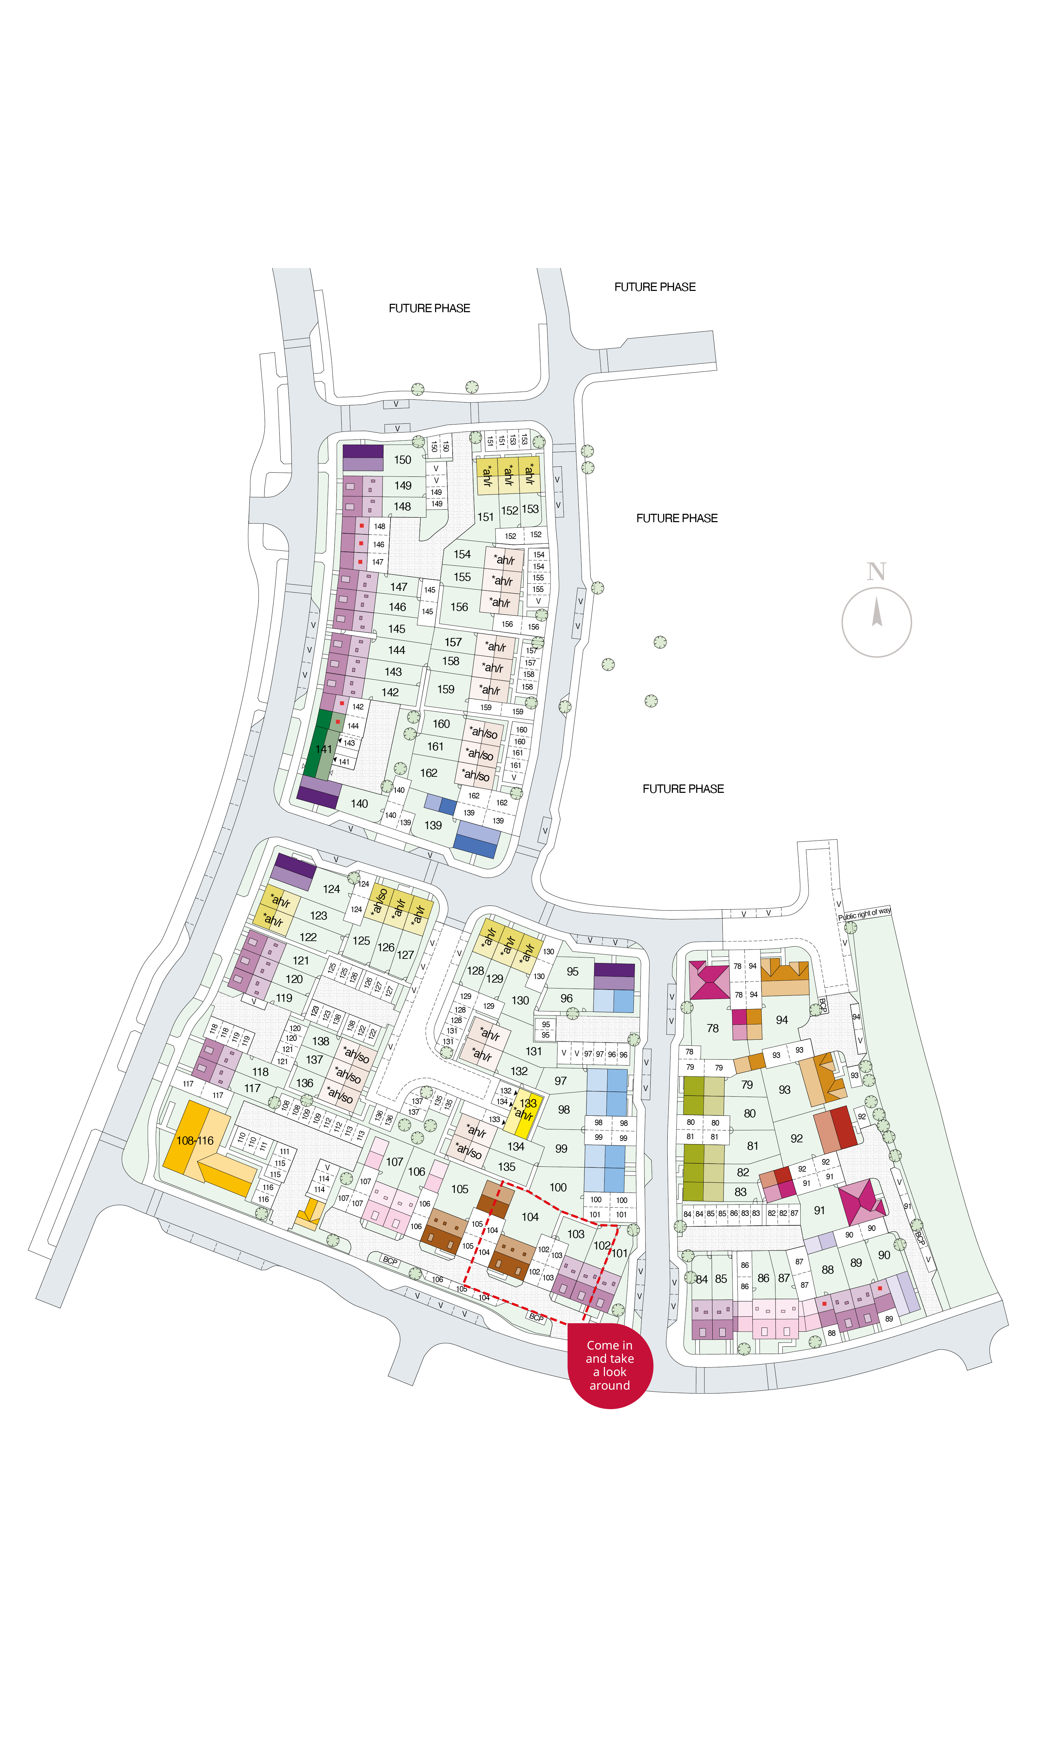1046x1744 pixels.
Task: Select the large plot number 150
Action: (402, 460)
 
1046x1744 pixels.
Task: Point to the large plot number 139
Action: (433, 825)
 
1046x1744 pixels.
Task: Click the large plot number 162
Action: (429, 773)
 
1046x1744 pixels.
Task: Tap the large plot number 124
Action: (331, 889)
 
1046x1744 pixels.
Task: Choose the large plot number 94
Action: (782, 1019)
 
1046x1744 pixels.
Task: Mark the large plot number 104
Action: (530, 1217)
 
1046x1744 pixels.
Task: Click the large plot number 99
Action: (561, 1148)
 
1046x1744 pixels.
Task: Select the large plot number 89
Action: (856, 1263)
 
